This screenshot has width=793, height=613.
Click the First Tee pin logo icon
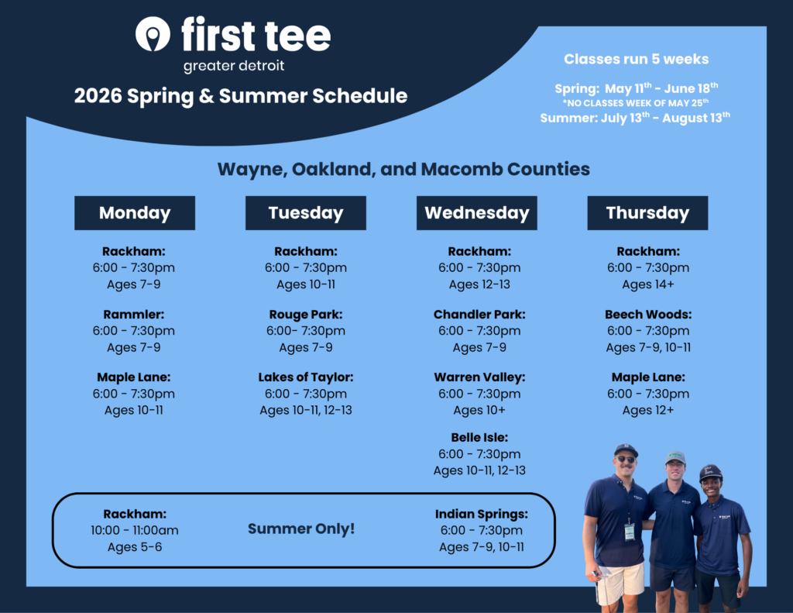click(x=153, y=34)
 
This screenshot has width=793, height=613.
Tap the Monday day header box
click(x=135, y=213)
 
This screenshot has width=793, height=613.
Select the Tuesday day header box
click(x=305, y=213)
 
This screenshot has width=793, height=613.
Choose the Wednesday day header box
click(x=476, y=213)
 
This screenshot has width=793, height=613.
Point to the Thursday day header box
click(x=647, y=213)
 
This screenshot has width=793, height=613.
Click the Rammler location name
click(x=133, y=315)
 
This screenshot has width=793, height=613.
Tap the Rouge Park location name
click(x=305, y=315)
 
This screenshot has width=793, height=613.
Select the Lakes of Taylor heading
click(x=305, y=377)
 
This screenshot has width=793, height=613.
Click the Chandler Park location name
click(x=479, y=315)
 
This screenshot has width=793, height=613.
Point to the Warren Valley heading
click(x=479, y=377)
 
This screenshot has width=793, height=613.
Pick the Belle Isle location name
click(x=479, y=437)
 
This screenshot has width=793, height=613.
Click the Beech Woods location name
click(x=648, y=315)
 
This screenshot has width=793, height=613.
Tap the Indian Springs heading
click(x=482, y=515)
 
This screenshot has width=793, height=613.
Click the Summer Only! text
click(x=301, y=529)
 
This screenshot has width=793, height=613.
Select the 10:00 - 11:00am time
click(x=135, y=531)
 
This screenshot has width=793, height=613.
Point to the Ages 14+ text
click(x=648, y=284)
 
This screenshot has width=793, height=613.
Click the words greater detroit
click(x=234, y=66)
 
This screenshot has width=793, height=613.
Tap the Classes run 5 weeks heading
click(x=637, y=59)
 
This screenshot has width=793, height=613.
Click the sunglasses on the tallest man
click(x=626, y=459)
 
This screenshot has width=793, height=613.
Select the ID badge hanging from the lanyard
click(x=629, y=532)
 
